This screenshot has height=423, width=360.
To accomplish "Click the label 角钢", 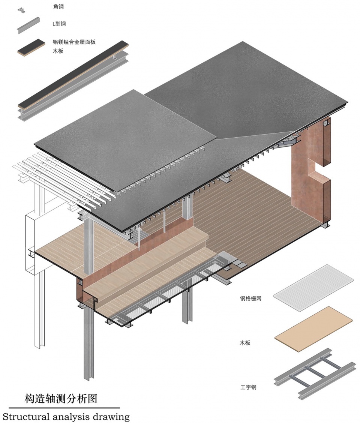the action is pos(58,6).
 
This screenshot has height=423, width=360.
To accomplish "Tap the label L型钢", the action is pos(59,24).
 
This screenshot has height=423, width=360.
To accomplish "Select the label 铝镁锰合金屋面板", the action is pos(74,42).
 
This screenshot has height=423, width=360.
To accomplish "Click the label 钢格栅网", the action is pos(251,298).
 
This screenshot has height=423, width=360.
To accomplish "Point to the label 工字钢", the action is pos(248,387).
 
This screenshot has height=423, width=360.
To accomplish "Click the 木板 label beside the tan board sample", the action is pos(245,343).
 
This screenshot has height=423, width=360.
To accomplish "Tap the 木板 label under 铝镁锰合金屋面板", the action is pos(58,51).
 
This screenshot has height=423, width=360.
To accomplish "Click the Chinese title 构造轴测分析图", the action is pos(61,399).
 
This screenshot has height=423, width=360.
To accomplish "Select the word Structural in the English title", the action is pos(26,416).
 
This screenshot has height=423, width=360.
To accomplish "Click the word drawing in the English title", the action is pos(111,417).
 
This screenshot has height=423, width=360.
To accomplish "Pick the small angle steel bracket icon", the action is pos(21,10).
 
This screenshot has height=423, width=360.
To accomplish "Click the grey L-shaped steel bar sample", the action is pos(28,25).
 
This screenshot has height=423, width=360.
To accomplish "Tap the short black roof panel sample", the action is pos(31,48).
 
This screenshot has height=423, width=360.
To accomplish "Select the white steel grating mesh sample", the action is pos(313,288).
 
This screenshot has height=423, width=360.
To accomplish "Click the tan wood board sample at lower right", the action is pos(313,329).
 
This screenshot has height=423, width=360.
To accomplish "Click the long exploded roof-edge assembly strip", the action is pos(73,81).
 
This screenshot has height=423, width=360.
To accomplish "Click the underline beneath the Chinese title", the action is pos(64,408).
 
